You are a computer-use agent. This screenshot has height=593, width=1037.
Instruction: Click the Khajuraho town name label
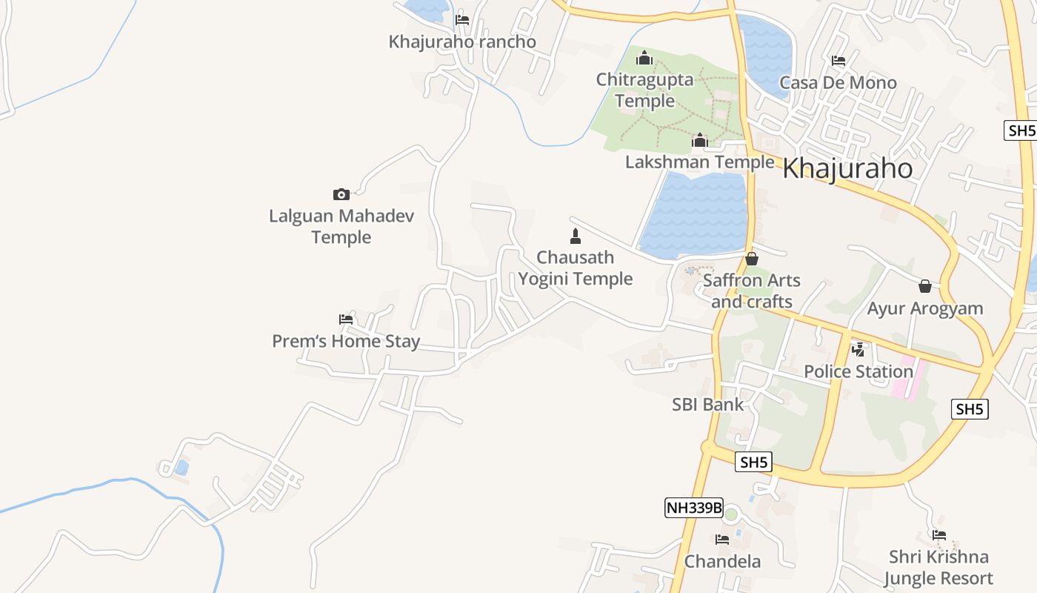click(847, 168)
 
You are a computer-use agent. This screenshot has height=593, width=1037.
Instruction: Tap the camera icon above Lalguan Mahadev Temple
click(341, 195)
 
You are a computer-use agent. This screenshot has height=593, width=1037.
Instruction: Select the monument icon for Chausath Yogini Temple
click(575, 236)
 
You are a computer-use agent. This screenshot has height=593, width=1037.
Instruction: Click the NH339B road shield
click(693, 508)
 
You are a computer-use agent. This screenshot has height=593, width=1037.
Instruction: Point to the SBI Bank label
click(707, 405)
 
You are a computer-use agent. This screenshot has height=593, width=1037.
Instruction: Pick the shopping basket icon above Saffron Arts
click(752, 259)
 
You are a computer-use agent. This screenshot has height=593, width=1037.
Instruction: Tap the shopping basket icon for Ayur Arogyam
click(925, 286)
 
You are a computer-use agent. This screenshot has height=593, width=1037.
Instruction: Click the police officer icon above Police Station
click(858, 349)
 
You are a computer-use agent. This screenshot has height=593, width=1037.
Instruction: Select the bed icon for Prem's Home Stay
click(346, 319)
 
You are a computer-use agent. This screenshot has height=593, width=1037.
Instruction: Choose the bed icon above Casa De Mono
click(838, 61)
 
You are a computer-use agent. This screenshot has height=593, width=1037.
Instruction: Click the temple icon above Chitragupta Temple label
click(644, 58)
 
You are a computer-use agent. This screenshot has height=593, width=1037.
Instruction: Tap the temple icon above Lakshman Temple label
click(699, 140)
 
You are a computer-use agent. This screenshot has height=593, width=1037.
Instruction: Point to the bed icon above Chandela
click(722, 540)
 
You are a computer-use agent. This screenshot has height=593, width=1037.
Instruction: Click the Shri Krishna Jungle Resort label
click(938, 567)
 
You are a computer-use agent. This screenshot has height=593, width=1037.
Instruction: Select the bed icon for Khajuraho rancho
click(462, 20)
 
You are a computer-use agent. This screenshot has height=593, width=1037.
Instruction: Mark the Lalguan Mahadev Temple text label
click(341, 226)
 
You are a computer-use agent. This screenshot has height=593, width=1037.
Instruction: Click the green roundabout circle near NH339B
click(731, 514)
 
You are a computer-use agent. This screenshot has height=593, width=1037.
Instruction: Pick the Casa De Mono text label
click(838, 82)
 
